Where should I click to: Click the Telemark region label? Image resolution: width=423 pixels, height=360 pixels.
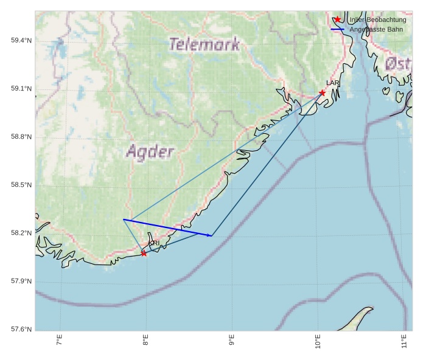(x=205, y=44)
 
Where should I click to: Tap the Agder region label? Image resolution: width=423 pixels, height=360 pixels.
(x=150, y=151)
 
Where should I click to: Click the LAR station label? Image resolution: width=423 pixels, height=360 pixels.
(x=332, y=83)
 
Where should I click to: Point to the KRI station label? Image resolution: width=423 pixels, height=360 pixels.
(x=154, y=243)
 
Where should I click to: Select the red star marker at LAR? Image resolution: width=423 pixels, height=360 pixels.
(x=322, y=92)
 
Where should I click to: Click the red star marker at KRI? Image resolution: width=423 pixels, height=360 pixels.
(x=144, y=253)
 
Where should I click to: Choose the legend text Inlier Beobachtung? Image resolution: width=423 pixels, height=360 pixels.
(x=377, y=19)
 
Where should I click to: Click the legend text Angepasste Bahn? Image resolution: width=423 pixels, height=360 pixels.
(x=376, y=29)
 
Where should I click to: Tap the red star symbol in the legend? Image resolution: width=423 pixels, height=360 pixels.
(x=338, y=19)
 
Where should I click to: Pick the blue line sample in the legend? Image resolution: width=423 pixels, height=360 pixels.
(x=338, y=29)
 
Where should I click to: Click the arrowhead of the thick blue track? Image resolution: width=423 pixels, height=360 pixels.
(x=211, y=235)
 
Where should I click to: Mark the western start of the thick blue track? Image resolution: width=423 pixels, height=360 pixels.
(x=124, y=220)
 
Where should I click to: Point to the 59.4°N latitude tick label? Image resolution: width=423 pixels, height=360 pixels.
(x=21, y=41)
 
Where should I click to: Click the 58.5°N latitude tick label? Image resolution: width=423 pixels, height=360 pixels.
(x=21, y=185)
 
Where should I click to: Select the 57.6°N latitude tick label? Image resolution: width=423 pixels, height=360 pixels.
(x=21, y=330)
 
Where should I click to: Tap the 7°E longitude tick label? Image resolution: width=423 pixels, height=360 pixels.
(x=60, y=341)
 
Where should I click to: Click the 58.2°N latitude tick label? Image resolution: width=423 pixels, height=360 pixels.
(x=21, y=233)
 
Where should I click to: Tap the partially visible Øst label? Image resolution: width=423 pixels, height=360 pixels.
(x=399, y=63)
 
